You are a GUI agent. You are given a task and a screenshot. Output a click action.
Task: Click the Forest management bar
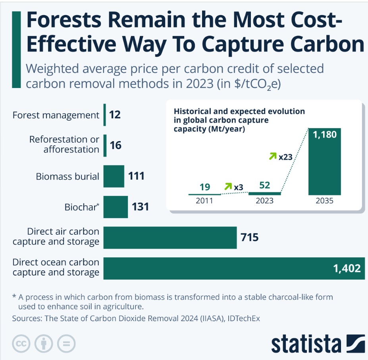pos(105,115)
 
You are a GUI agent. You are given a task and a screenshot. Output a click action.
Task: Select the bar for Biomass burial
pos(114,176)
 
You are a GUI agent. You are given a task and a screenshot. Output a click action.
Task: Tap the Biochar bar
pos(116,207)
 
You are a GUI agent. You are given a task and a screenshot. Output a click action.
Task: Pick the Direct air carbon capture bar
pos(170,237)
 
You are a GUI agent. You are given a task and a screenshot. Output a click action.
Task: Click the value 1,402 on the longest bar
pos(347,268)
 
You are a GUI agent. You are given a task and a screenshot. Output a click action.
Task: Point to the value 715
pos(249,237)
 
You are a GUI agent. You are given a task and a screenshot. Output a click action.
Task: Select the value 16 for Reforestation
pos(116,145)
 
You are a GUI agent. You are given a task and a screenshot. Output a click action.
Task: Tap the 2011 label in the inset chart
pos(204,201)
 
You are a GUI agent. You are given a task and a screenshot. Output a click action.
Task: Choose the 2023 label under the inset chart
pos(264,201)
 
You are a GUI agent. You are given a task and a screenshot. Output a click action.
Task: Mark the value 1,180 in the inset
pos(325,135)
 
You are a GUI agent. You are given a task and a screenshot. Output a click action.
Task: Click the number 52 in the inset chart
pos(264,186)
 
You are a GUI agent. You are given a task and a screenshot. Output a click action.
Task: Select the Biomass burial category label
pos(67,176)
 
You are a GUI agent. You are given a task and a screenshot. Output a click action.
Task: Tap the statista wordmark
pos(306,344)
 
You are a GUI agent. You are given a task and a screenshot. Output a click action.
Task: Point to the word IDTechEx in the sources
pos(241,319)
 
